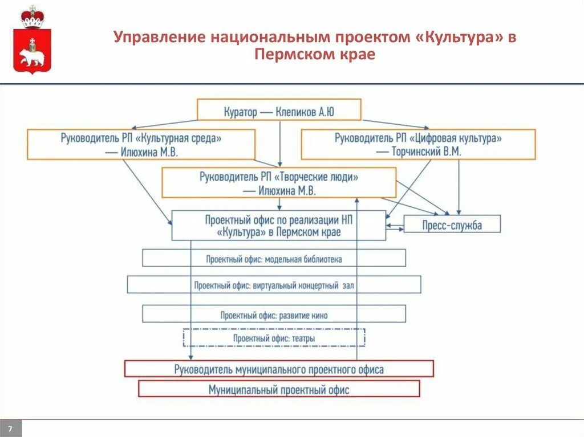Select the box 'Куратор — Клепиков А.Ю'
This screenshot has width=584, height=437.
pos(279,110)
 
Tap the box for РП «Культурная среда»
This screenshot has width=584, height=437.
pos(140,145)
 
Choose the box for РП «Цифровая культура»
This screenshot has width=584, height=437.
pos(418,145)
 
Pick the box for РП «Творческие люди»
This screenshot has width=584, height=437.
pos(279,183)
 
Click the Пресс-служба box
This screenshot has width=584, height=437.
pos(452,224)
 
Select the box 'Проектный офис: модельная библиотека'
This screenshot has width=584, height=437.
pos(274,259)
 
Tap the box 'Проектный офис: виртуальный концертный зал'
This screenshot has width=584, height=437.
pos(274,285)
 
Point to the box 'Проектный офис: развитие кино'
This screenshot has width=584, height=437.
pos(274,315)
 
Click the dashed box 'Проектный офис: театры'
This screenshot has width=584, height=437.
pos(274,338)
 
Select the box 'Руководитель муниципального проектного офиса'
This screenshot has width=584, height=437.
pos(279,369)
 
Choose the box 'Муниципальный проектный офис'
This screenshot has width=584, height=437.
pos(279,390)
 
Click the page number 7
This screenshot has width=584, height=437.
pos(10,428)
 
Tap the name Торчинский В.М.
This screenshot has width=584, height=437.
pos(426,152)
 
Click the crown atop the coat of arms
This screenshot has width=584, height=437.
pos(32,17)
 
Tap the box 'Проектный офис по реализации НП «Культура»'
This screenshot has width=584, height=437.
pos(279,226)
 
